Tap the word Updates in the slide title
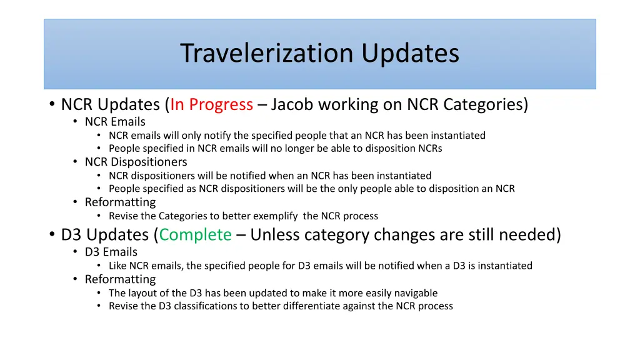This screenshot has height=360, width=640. [410, 53]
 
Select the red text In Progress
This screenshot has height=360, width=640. [211, 104]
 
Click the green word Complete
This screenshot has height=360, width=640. [195, 235]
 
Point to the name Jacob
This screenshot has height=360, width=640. [292, 104]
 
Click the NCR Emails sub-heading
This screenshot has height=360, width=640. [115, 122]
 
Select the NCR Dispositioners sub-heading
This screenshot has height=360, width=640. [136, 162]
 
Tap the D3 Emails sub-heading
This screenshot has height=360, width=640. [111, 252]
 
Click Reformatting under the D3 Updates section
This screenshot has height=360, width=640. [120, 279]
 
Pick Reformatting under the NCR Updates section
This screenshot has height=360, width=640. [120, 202]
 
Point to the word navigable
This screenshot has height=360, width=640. [415, 293]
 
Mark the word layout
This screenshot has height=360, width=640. [141, 293]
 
